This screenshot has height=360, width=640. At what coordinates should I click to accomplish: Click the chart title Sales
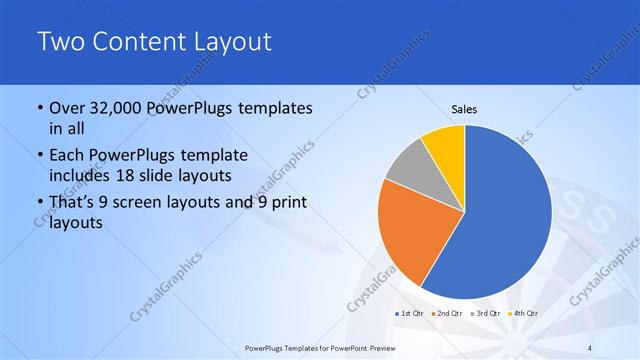tap(464, 108)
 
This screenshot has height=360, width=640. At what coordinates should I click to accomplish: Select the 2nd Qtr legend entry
tap(449, 313)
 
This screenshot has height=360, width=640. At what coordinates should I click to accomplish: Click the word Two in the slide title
tap(62, 42)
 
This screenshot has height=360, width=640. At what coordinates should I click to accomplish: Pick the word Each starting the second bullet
tap(69, 155)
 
